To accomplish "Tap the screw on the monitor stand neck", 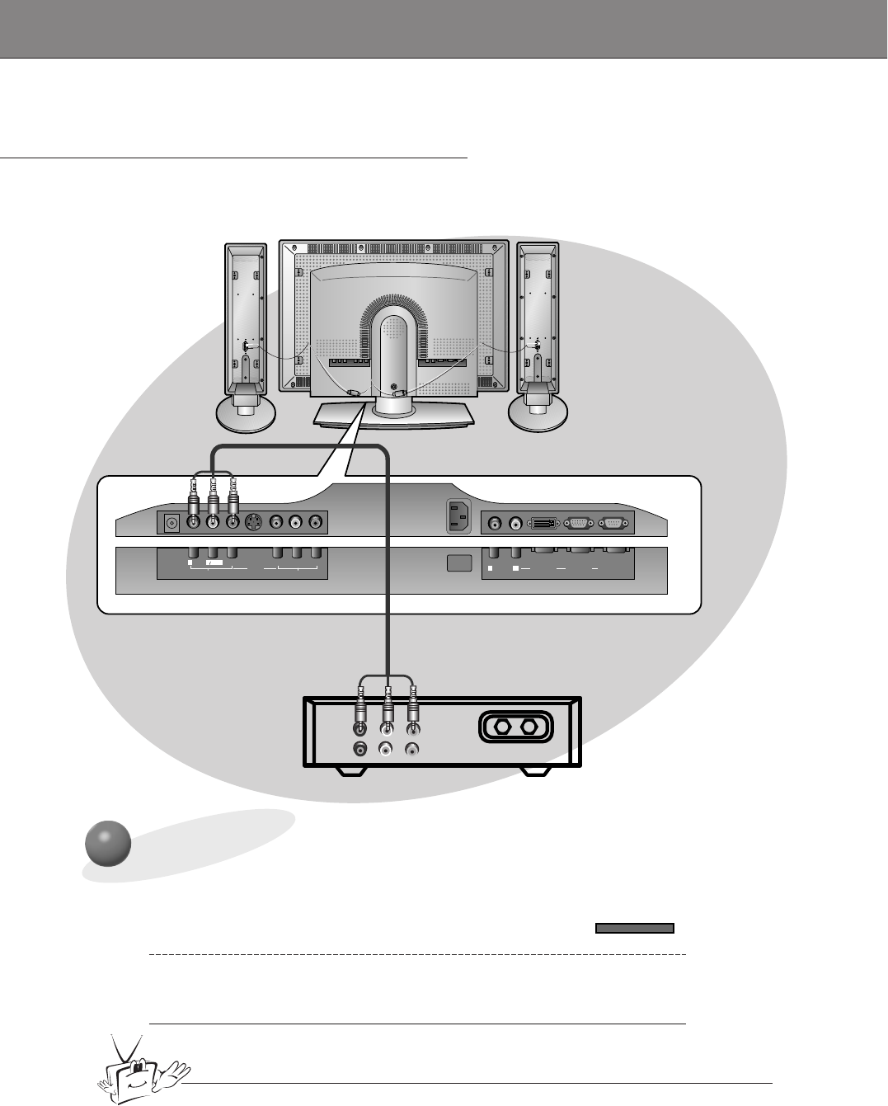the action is click(x=393, y=386).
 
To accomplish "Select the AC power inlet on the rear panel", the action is click(x=457, y=517).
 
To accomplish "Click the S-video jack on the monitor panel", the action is click(x=253, y=522).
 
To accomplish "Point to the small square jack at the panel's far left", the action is click(x=172, y=522).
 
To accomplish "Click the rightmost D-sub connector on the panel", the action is click(x=613, y=522).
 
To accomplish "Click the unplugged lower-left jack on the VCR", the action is click(x=360, y=750).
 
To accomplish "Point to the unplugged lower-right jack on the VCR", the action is click(x=411, y=750).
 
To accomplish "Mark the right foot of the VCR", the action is click(x=535, y=773).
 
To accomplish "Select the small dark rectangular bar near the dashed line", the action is click(x=634, y=928).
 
